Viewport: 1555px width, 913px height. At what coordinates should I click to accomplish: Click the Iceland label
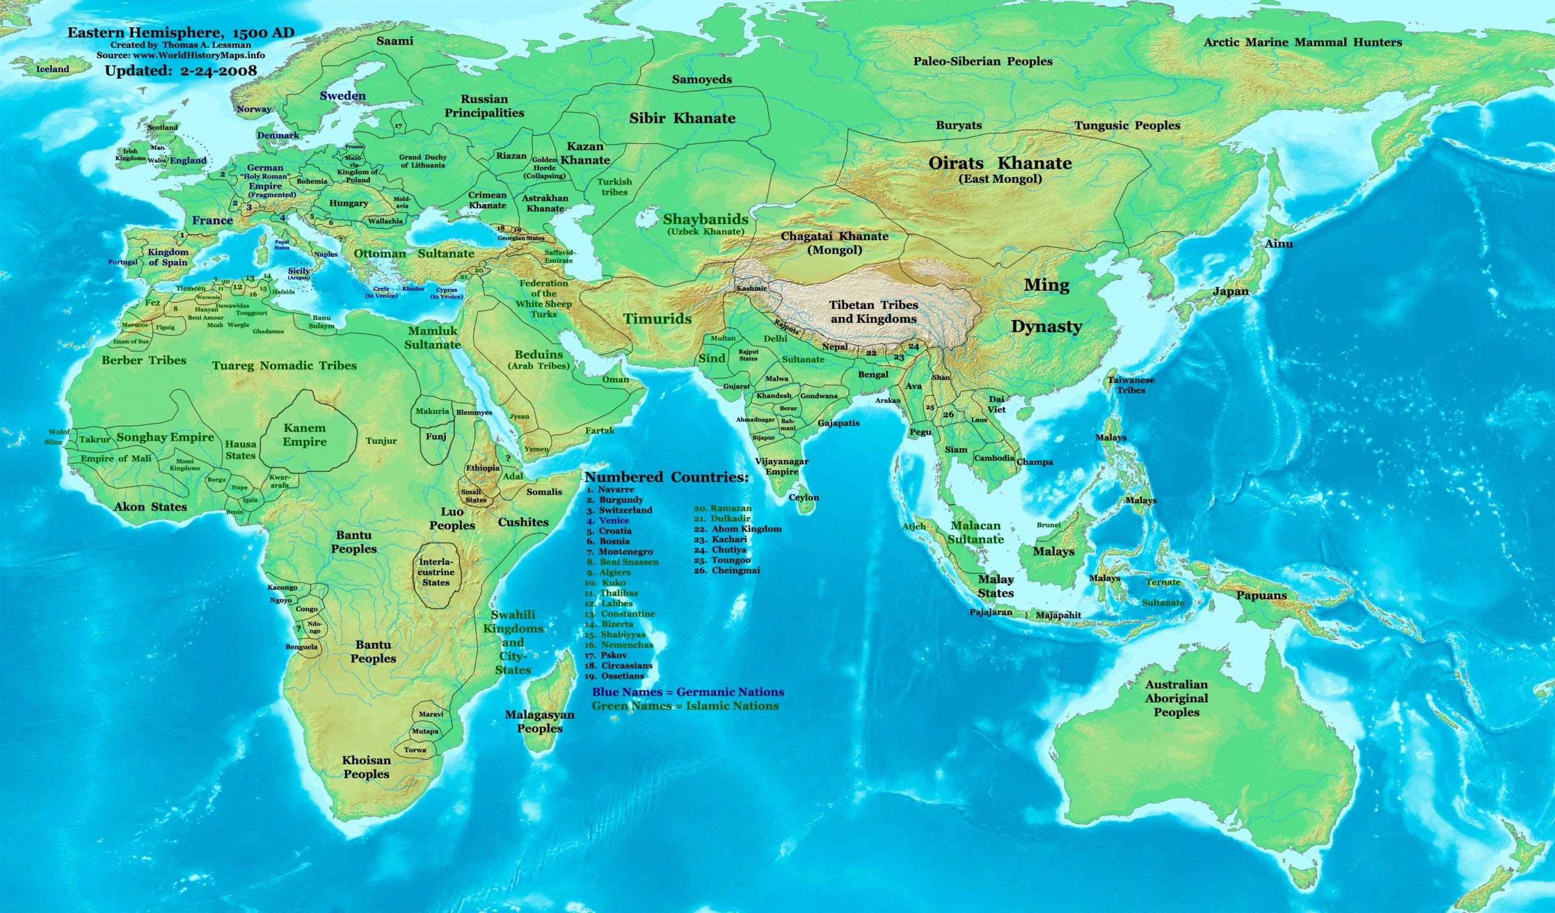[52, 69]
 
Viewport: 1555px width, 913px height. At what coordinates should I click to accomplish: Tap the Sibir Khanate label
[682, 118]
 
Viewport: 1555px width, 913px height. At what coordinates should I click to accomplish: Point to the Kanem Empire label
[304, 434]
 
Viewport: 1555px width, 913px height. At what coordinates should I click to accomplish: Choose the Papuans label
[1261, 596]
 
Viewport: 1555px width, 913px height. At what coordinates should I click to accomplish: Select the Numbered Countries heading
[666, 478]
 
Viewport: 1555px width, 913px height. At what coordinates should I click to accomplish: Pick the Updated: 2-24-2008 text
[180, 70]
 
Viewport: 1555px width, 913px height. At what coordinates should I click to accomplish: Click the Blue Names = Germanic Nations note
[688, 692]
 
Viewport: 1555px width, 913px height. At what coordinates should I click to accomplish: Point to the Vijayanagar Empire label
[782, 466]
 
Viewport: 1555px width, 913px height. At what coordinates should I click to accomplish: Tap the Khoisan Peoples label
[366, 767]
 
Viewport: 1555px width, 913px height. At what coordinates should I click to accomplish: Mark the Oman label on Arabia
[615, 379]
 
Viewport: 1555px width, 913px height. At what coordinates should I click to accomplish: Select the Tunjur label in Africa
[381, 441]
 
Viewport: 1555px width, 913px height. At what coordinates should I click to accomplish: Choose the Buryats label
[959, 125]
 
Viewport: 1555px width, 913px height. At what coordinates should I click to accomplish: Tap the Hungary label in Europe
[349, 203]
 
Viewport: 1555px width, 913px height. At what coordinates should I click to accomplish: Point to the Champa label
[1035, 461]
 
